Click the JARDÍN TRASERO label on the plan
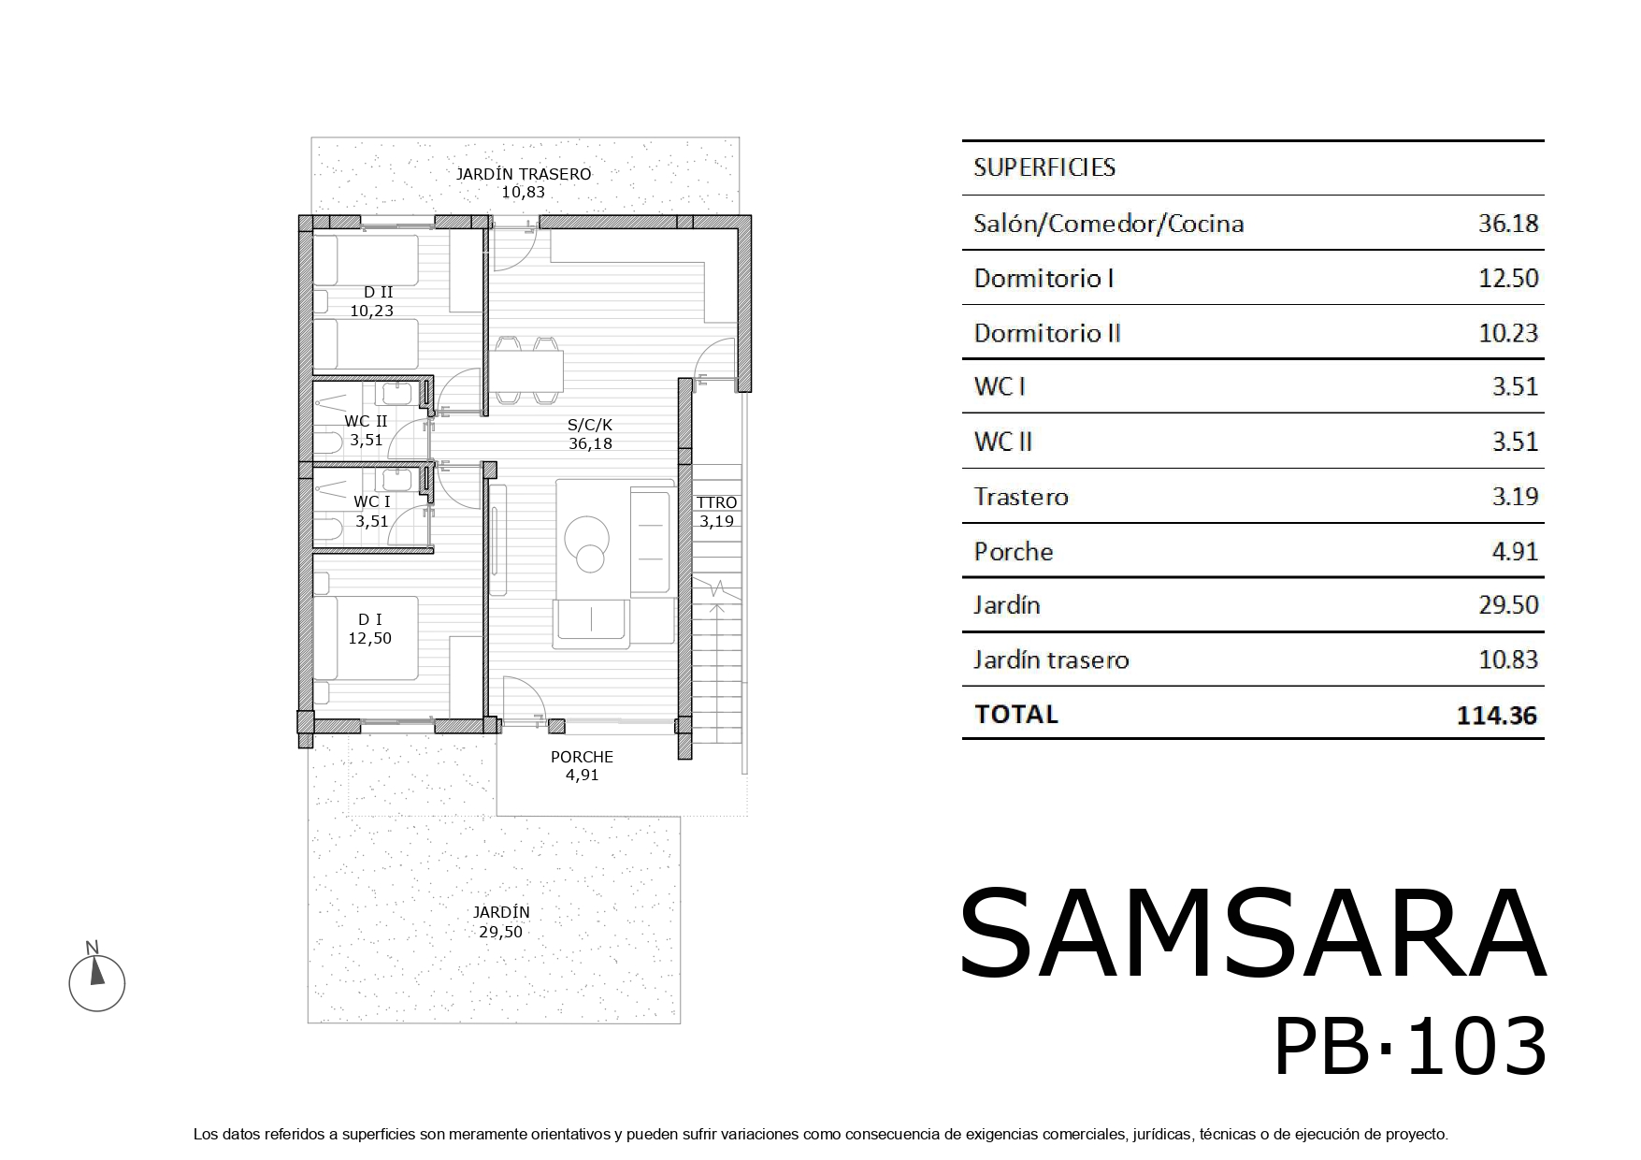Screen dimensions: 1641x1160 pos(523,174)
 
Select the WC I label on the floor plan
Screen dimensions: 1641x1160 pos(372,502)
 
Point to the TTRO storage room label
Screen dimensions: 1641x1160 pos(717,503)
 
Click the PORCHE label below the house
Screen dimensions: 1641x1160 pos(582,757)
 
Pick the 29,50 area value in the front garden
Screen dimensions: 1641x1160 pos(501,932)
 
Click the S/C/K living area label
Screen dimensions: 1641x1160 pos(590,425)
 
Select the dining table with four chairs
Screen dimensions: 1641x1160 pos(527,370)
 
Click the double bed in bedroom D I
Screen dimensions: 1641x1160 pos(366,638)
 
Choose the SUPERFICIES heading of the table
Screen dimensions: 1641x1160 pos(1044,167)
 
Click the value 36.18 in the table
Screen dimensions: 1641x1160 pos(1508,224)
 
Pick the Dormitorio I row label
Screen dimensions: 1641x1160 pos(1044,279)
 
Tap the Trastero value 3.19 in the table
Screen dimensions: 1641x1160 pos(1515,497)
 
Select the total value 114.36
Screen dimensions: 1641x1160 pos(1497,716)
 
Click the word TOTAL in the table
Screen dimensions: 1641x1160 pos(1016,715)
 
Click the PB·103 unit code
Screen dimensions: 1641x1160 pos(1410,1047)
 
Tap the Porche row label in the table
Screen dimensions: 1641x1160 pos(1014,552)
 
